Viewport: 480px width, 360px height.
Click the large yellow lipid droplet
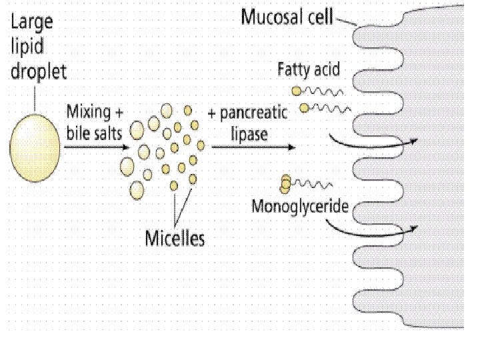[34, 148]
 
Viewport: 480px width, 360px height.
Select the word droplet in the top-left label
[38, 71]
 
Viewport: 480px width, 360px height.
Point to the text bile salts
[93, 132]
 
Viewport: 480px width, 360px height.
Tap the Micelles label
[175, 238]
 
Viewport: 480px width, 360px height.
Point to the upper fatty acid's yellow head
[295, 91]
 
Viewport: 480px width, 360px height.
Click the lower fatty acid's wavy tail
[329, 107]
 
